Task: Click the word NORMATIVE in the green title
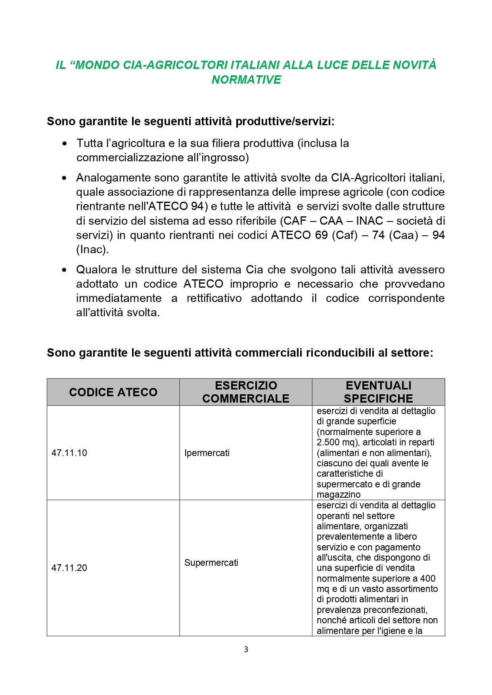[246, 80]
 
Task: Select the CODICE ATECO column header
[113, 392]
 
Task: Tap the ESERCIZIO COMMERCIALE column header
[246, 392]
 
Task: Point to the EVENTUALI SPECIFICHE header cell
[378, 392]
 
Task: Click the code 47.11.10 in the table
[69, 453]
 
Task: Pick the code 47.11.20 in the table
[69, 568]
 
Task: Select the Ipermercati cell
[207, 453]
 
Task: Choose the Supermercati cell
[211, 563]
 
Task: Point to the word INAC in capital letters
[369, 221]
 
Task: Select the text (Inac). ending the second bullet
[92, 250]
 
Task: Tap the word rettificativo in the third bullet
[214, 298]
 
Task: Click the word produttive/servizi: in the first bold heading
[285, 121]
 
